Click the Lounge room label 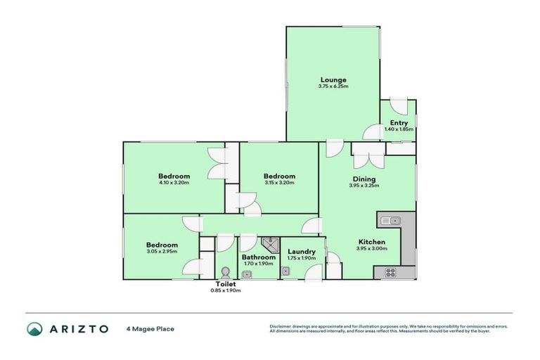(x=333, y=79)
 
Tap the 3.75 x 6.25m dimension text (x=333, y=86)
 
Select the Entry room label (x=398, y=122)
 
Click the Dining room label (x=364, y=179)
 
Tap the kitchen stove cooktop (x=388, y=272)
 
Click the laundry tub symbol (x=287, y=271)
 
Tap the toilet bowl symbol (x=226, y=272)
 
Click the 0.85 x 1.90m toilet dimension (x=226, y=290)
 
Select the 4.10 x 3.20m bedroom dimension (x=174, y=183)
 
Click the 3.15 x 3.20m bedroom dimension (x=279, y=183)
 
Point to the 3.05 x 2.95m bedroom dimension (x=161, y=251)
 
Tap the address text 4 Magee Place (x=150, y=328)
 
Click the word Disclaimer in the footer (x=281, y=326)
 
